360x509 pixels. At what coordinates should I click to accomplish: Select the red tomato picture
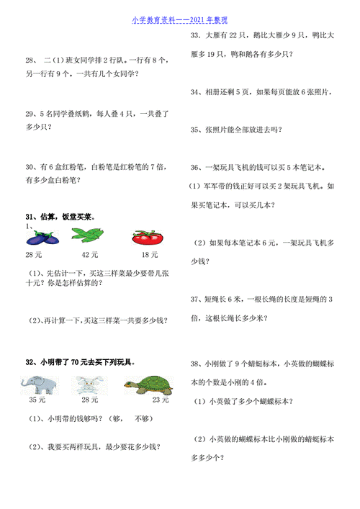coord(148,238)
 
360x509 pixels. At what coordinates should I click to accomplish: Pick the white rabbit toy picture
coord(89,384)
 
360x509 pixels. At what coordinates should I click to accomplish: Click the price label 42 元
coord(89,255)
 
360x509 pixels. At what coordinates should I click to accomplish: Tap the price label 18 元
coord(149,255)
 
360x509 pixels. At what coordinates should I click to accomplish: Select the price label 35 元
coord(37,400)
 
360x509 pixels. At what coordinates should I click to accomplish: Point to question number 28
coord(30,61)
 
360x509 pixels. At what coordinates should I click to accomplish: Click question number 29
coord(30,114)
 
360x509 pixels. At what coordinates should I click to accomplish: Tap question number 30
coord(30,166)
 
